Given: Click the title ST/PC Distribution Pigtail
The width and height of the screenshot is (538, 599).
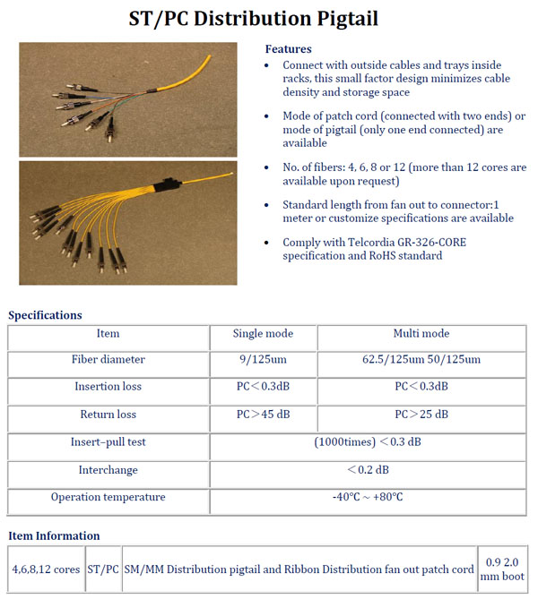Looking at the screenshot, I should point(268,18).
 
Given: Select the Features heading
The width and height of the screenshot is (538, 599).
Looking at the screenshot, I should point(289,49).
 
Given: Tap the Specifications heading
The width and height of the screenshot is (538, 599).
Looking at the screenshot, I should point(45,315).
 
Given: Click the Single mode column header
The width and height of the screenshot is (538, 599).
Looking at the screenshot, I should point(263,334).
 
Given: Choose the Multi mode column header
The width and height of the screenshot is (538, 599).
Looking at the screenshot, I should point(421,334).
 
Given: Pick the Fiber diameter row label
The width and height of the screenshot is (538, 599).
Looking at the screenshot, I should point(108,360).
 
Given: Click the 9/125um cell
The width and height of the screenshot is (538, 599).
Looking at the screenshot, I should point(263,360).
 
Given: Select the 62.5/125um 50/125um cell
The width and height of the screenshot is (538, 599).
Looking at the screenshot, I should point(421,360).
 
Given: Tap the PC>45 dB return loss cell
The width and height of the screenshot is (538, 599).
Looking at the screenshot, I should point(263,415).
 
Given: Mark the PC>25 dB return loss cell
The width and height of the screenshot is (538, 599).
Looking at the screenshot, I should point(421,415).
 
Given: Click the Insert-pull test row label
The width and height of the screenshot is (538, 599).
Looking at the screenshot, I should point(108,442).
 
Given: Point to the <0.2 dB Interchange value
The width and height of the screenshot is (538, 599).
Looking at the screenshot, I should point(368,470).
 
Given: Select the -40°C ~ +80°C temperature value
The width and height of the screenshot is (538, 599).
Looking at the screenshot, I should point(368,497).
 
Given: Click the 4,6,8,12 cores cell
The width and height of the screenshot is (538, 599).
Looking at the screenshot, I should point(46,569).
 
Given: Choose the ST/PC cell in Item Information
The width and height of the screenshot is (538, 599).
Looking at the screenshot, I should point(103,569).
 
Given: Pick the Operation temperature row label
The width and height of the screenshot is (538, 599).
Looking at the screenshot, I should point(108,497).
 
